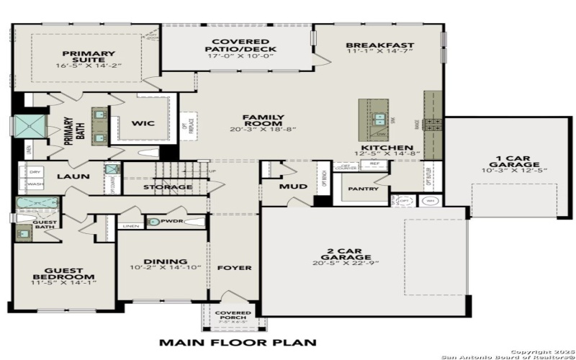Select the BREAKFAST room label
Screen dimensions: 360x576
click(372, 46)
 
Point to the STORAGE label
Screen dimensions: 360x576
click(168, 187)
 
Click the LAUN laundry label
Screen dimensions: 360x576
click(73, 175)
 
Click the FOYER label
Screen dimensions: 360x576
click(235, 267)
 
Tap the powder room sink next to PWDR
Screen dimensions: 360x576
click(153, 222)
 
